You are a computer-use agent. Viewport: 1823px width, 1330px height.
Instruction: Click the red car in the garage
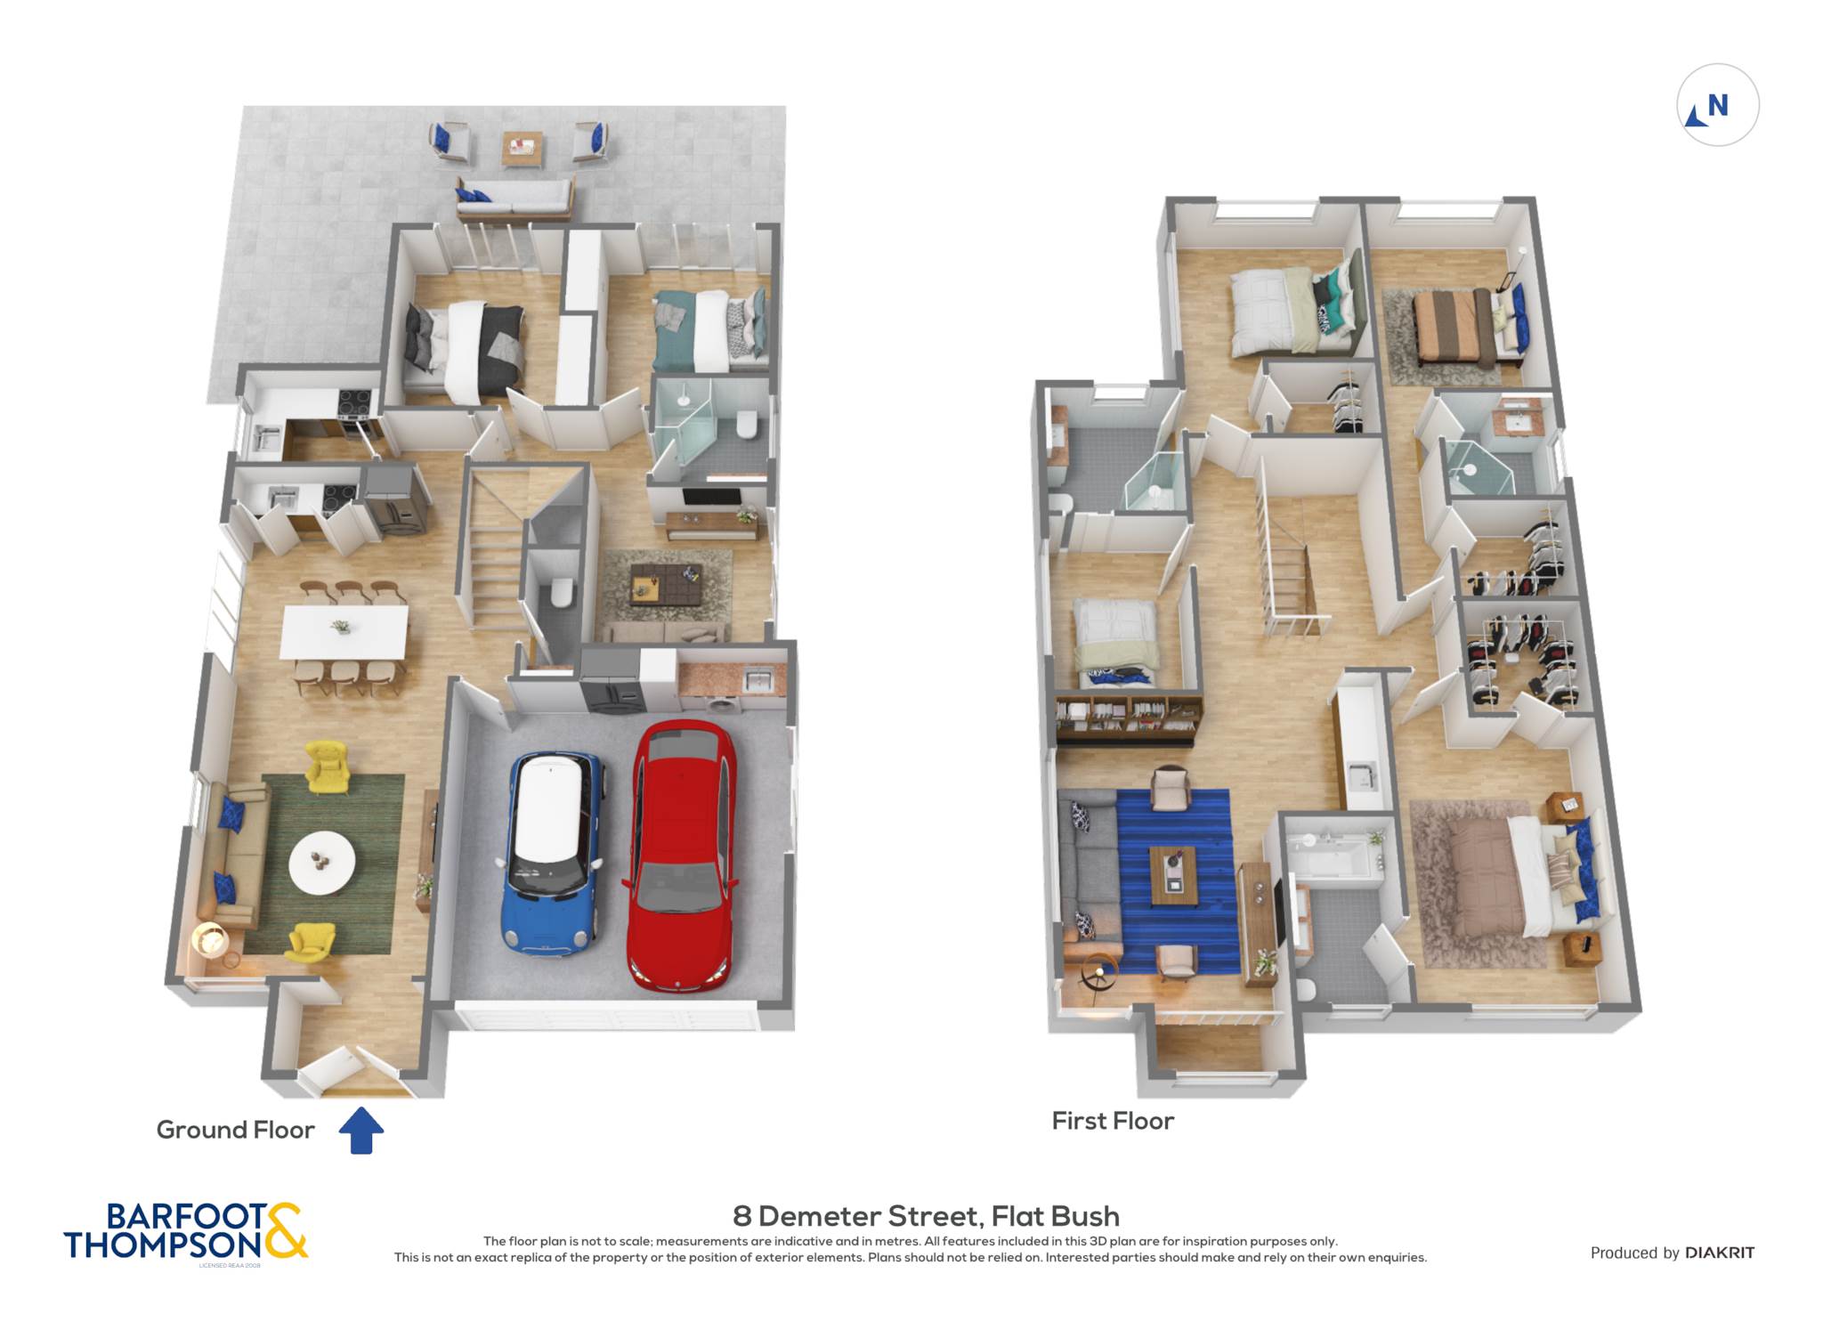682,856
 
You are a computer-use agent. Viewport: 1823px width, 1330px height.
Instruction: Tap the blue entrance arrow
361,1130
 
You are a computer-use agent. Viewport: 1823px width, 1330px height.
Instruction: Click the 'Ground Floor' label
235,1130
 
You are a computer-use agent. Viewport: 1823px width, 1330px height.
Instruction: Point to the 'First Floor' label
1113,1121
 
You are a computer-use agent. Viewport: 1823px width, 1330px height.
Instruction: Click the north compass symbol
1717,105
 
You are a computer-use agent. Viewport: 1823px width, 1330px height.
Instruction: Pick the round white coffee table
322,863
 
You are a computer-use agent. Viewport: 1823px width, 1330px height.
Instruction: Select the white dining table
344,632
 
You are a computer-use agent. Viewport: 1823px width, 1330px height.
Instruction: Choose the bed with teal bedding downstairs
709,330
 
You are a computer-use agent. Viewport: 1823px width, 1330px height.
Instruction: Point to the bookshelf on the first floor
1129,719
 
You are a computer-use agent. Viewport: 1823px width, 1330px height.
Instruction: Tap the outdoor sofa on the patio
514,199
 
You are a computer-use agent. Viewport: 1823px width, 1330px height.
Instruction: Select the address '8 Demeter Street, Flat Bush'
926,1216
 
